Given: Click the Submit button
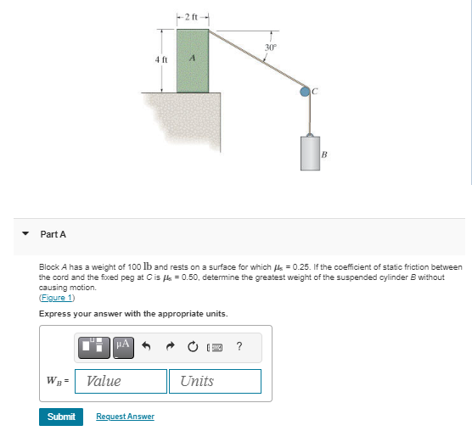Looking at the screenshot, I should (x=61, y=417).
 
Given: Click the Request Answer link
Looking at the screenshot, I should (x=125, y=417).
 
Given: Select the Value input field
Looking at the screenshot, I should (x=121, y=381).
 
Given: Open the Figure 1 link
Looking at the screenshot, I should (x=57, y=298).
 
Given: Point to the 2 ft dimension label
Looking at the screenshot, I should (x=192, y=17).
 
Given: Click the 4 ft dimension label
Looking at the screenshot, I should (x=161, y=59).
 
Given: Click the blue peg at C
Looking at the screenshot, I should (x=306, y=91).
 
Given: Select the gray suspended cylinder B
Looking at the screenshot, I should (x=309, y=153).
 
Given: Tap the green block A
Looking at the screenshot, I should (x=192, y=59).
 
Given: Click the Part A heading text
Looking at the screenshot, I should (x=53, y=234).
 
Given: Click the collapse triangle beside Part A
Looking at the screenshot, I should (x=25, y=234).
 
